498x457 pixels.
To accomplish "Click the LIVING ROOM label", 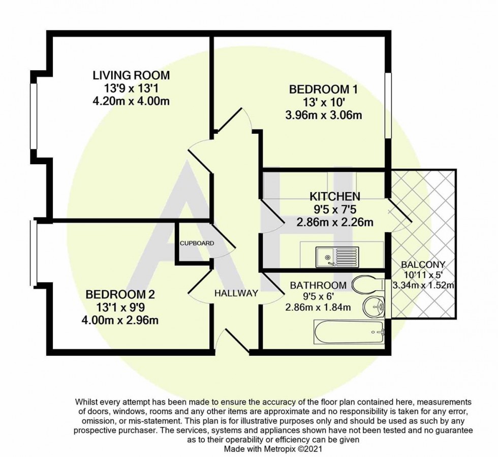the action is click(131, 75).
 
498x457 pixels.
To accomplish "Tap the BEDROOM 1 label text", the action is click(323, 89).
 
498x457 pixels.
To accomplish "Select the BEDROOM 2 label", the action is click(120, 295).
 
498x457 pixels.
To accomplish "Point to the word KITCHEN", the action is click(335, 197).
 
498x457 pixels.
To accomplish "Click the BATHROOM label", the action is click(318, 285).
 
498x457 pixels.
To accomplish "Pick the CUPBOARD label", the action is click(197, 243).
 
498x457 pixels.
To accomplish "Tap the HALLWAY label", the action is click(236, 293).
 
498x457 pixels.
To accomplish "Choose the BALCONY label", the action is click(423, 264).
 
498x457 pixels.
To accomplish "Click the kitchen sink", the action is click(337, 257).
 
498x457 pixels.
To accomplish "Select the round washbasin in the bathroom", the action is click(375, 307).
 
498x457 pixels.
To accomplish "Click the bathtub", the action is click(349, 332).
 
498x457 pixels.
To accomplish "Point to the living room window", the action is click(34, 116).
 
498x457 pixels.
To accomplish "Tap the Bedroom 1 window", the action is click(389, 105).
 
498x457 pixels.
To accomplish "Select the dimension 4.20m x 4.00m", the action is click(131, 101).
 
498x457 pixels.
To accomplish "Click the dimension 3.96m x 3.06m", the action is click(324, 115).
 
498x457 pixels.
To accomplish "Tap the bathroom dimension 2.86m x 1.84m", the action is click(318, 308).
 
